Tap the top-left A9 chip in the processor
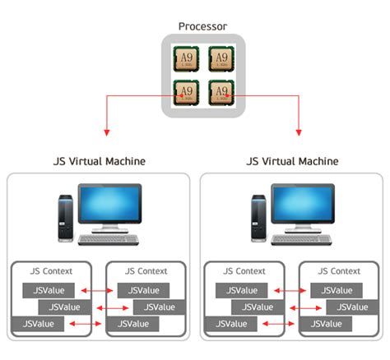pos(185,60)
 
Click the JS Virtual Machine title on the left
pos(97,161)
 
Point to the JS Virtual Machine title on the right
pos(292,161)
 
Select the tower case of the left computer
pos(66,218)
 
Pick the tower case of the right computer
pos(260,218)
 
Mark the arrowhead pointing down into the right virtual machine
pos(299,132)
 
